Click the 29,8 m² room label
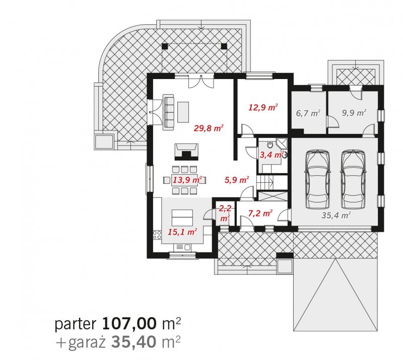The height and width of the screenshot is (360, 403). (209, 128)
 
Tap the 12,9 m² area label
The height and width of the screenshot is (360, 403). (263, 107)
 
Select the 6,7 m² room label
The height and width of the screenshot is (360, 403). (308, 113)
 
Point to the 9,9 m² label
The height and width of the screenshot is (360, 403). (354, 113)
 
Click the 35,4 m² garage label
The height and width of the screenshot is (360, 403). (336, 215)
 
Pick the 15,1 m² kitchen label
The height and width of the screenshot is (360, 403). (182, 232)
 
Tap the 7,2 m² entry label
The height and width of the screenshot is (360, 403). (260, 213)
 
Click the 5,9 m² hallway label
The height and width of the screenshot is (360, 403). (237, 180)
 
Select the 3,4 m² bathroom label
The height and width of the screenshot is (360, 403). (272, 155)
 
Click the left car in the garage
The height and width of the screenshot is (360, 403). (317, 179)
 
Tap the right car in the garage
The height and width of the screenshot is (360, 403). (353, 179)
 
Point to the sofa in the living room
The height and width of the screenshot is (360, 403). (168, 110)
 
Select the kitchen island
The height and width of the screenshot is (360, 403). (182, 218)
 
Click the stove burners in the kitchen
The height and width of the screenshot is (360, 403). (157, 235)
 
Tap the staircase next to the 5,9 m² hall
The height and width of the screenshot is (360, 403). (265, 182)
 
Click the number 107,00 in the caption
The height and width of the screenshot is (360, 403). (129, 324)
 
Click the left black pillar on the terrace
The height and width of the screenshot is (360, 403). (165, 46)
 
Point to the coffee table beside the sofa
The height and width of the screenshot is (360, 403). (183, 112)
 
